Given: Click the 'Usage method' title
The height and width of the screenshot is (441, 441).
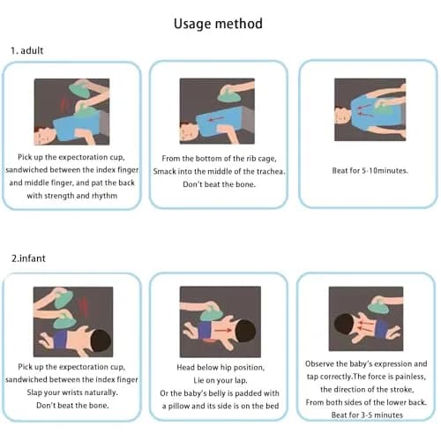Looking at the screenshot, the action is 218,24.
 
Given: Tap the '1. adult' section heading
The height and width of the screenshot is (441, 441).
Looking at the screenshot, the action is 27,50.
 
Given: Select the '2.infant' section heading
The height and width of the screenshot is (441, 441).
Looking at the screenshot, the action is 28,258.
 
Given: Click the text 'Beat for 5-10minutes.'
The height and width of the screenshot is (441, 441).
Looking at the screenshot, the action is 370,170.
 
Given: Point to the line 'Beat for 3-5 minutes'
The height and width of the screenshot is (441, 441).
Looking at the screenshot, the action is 367,415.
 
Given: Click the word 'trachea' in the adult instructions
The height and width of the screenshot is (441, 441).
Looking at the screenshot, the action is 270,171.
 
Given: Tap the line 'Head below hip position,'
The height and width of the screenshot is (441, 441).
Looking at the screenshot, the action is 220,368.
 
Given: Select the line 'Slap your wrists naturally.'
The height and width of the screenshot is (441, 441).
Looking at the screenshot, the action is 72,392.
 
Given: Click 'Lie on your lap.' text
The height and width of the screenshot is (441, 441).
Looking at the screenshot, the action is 220,380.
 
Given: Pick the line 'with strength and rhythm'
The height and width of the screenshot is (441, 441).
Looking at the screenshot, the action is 72,196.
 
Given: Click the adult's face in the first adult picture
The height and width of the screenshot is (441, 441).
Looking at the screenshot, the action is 45,137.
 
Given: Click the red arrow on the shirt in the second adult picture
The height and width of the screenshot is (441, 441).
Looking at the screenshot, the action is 215,119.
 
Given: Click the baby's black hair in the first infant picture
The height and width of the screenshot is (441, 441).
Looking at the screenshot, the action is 101,341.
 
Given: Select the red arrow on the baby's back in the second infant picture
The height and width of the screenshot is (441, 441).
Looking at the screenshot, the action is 222,331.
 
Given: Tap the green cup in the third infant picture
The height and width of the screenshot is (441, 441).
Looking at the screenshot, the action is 380,307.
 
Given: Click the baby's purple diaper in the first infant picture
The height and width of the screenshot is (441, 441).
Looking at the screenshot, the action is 60,340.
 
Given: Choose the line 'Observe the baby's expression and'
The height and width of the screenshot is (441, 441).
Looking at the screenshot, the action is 366,364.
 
